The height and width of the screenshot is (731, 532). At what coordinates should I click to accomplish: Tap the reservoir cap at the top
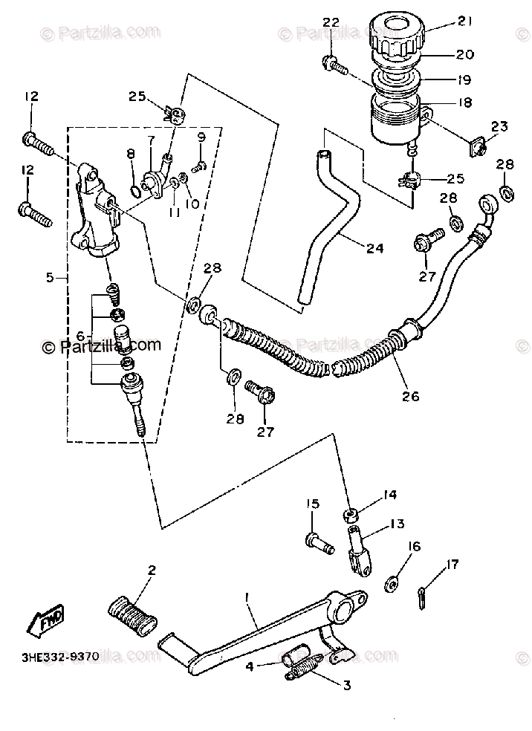[400, 33]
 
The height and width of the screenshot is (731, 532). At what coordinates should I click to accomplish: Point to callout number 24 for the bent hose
[374, 249]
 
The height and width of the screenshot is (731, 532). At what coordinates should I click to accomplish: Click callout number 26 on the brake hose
[412, 396]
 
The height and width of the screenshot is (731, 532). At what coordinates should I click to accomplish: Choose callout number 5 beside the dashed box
[51, 278]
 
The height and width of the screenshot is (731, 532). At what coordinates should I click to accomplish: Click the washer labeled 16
[392, 584]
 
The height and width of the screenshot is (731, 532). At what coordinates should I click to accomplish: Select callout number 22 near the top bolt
[331, 22]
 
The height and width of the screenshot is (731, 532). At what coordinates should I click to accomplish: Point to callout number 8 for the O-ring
[131, 154]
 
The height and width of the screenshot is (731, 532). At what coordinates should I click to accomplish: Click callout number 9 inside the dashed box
[201, 137]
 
